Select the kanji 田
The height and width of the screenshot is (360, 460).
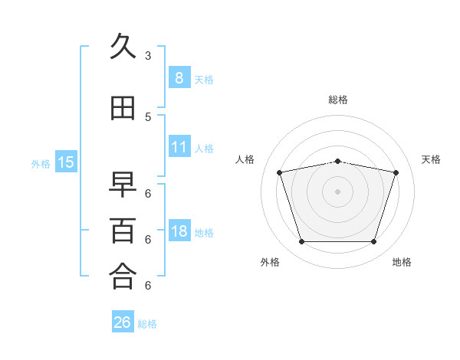[x=123, y=110]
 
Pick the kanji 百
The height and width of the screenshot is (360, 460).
[x=123, y=231]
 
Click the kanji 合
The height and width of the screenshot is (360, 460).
[x=123, y=277]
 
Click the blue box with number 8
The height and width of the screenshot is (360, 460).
[x=179, y=78]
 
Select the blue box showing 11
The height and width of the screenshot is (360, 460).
[x=179, y=147]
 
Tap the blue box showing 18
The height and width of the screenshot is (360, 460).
[x=179, y=231]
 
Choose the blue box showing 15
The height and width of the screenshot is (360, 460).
[x=66, y=162]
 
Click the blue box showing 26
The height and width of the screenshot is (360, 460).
[x=123, y=322]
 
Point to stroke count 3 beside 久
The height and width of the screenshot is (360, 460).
[x=148, y=56]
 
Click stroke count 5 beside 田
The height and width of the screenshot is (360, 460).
[x=148, y=117]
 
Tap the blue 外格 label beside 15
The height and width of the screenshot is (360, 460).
[x=41, y=163]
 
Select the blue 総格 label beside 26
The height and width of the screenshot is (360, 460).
[x=147, y=324]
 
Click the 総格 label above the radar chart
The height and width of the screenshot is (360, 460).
[x=337, y=100]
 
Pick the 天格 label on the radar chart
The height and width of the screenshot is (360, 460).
[x=431, y=159]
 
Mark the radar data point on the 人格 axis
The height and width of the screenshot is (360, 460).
[x=280, y=172]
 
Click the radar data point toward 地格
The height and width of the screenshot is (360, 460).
[x=373, y=242]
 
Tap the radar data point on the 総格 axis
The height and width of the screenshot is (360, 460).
[x=337, y=161]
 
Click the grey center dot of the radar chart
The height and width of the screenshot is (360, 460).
[x=337, y=191]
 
